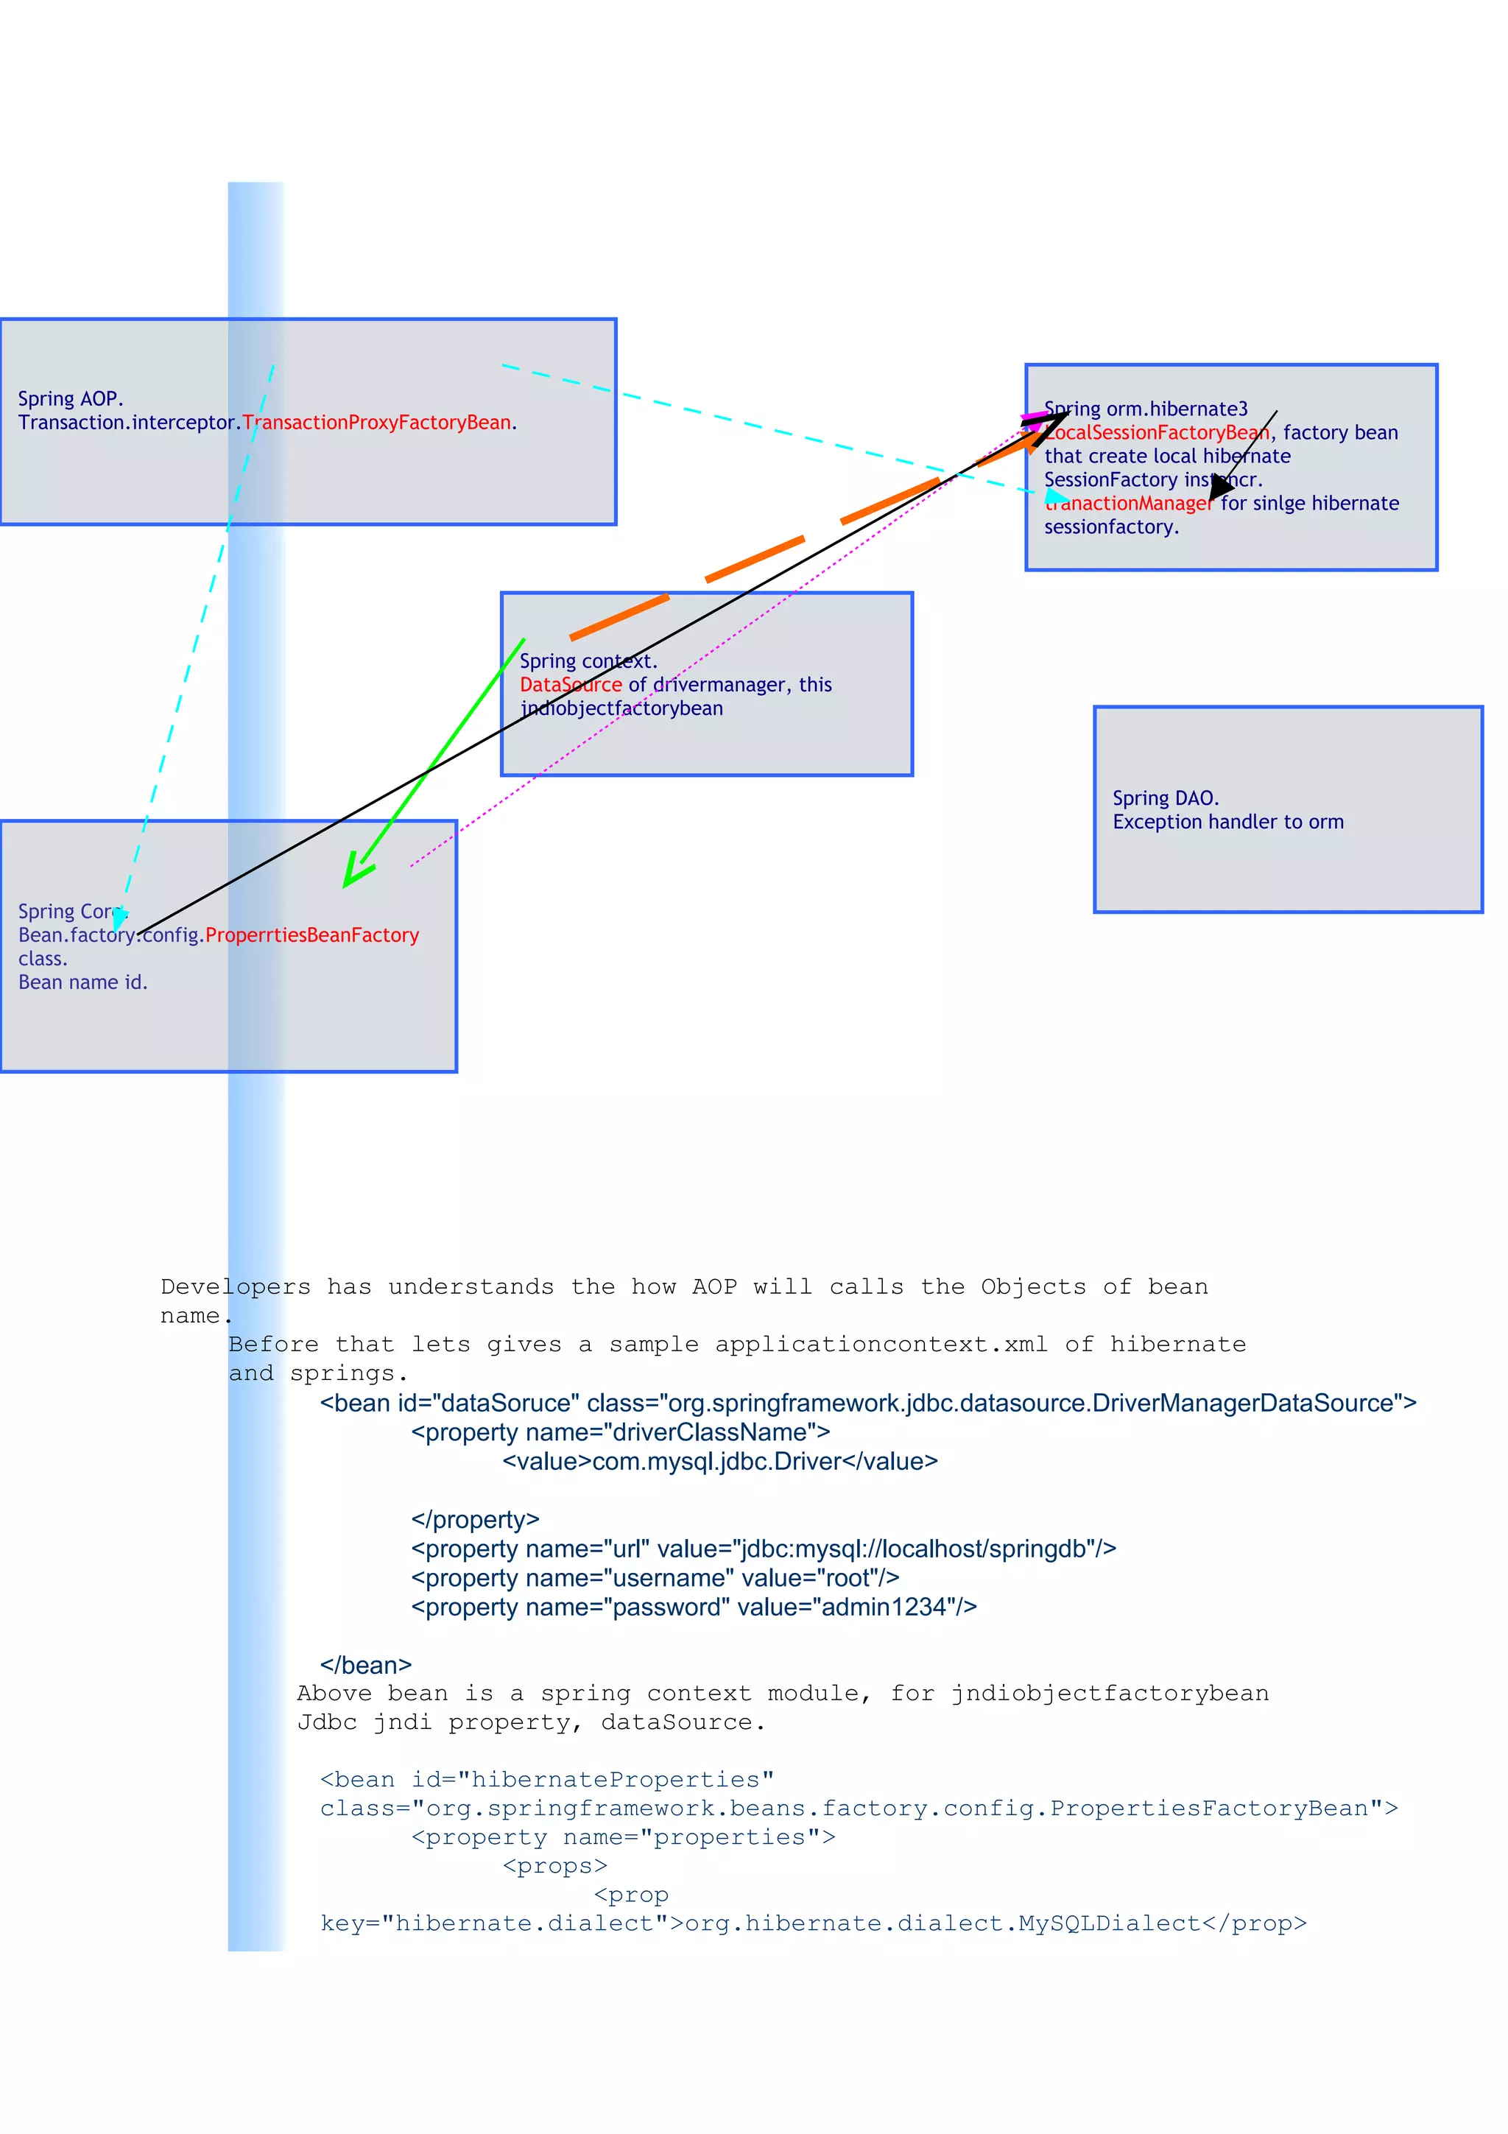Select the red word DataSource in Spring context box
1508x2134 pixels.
tap(570, 685)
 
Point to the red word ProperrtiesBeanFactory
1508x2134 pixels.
tap(312, 935)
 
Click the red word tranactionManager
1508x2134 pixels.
tap(1128, 504)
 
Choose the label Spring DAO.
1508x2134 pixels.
tap(1165, 798)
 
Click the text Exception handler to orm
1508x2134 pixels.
tap(1227, 822)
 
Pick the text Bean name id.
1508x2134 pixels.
tap(82, 982)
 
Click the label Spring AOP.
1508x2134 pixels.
tap(70, 398)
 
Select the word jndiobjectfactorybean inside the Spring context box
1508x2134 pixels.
tap(621, 708)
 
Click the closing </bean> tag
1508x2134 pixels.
tap(365, 1665)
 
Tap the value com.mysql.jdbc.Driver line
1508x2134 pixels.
tap(720, 1461)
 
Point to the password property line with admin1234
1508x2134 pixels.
tap(693, 1607)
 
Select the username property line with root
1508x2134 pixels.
tap(655, 1578)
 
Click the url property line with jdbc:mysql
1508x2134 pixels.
tap(763, 1549)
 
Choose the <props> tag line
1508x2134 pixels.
tap(554, 1866)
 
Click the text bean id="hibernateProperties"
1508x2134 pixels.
tap(546, 1780)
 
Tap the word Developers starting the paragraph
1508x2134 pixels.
tap(235, 1287)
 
